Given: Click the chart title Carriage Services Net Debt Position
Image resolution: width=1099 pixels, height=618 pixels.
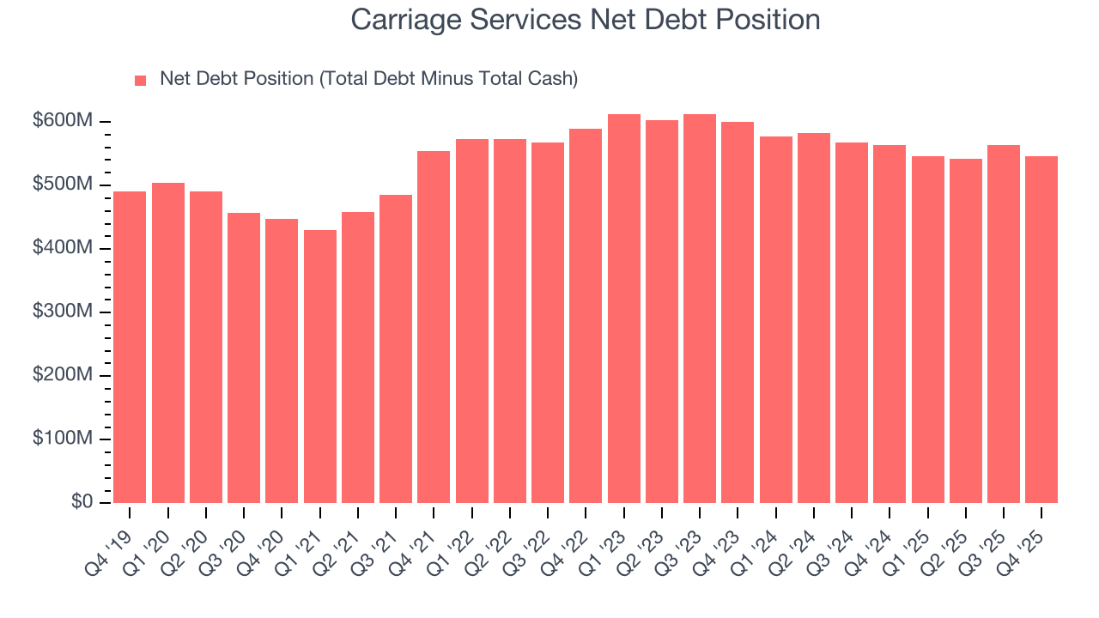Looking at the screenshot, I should (586, 19).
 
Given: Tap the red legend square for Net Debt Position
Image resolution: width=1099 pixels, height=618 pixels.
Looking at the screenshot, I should (141, 81).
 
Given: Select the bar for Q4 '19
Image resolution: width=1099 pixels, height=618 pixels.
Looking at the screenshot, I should (130, 347).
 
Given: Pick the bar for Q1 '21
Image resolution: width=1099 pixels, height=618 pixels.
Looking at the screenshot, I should (319, 367).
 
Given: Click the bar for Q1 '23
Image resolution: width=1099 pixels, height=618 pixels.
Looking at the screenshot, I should (623, 309).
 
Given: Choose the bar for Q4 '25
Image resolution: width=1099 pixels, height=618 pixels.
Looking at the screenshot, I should (1041, 330).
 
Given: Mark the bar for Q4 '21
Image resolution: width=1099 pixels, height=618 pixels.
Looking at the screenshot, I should (434, 327).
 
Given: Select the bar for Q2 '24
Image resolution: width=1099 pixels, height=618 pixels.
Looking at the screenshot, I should (813, 318).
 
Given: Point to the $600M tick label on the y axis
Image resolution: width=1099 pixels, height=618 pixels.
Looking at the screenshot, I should (63, 121).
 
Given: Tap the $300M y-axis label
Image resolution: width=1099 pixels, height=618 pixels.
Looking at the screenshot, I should (63, 312).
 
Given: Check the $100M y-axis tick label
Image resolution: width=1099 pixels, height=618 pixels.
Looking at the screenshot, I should (63, 439).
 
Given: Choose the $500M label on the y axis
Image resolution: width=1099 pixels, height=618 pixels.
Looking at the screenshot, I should (63, 185).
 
